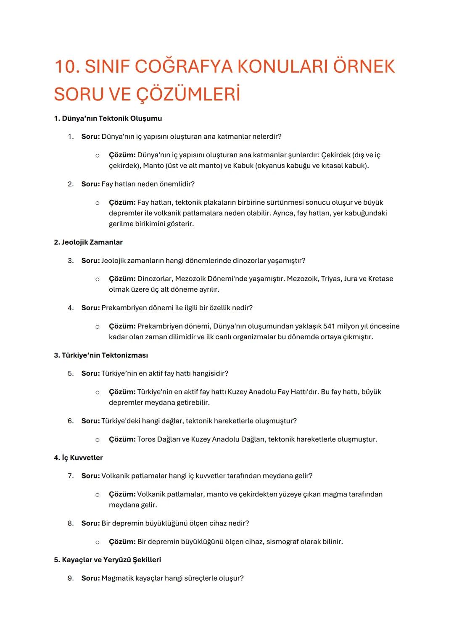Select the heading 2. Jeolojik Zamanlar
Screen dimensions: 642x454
(88, 242)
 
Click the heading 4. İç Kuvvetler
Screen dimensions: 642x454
(78, 457)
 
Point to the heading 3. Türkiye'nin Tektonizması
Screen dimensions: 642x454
(101, 355)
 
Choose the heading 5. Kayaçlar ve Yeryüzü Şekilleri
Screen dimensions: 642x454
(108, 560)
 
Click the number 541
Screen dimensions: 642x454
(330, 326)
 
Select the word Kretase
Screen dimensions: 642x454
(380, 279)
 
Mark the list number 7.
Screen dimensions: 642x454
(71, 476)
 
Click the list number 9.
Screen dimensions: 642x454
(71, 578)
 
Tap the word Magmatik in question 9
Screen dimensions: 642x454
(117, 578)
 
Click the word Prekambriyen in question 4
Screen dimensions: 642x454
(124, 308)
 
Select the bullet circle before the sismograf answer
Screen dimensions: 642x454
(97, 542)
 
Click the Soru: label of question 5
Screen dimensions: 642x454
(90, 373)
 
